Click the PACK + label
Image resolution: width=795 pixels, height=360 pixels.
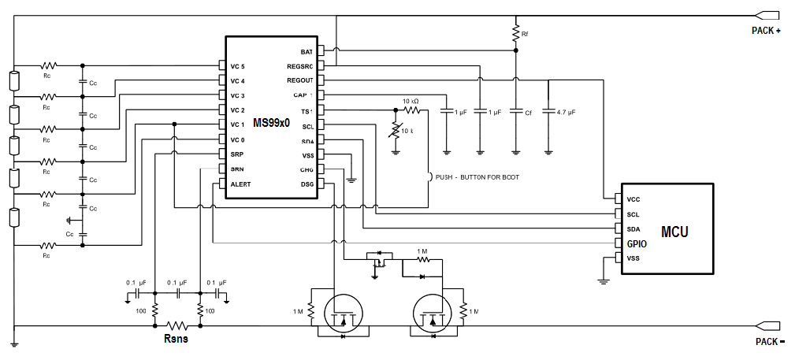(x=766, y=31)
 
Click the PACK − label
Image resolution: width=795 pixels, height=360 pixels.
(x=767, y=341)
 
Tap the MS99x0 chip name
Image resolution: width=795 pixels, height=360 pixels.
(x=271, y=124)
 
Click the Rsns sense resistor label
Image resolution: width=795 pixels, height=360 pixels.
(x=175, y=340)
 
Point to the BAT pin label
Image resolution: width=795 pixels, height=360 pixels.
(x=306, y=52)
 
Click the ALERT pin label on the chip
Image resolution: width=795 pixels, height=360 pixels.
(x=240, y=184)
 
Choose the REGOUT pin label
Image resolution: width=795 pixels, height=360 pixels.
(x=300, y=80)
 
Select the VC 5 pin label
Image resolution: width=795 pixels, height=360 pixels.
(x=237, y=66)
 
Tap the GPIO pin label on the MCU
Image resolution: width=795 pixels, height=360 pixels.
(x=636, y=244)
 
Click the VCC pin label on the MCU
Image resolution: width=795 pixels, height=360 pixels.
(x=633, y=199)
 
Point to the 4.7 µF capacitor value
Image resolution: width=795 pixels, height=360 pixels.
(x=565, y=113)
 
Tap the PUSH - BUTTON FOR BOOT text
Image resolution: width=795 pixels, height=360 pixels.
(x=477, y=176)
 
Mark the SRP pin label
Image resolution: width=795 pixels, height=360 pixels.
(x=236, y=154)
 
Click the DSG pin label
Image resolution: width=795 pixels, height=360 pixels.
(x=306, y=184)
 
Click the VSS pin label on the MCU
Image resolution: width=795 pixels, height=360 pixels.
(x=633, y=258)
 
